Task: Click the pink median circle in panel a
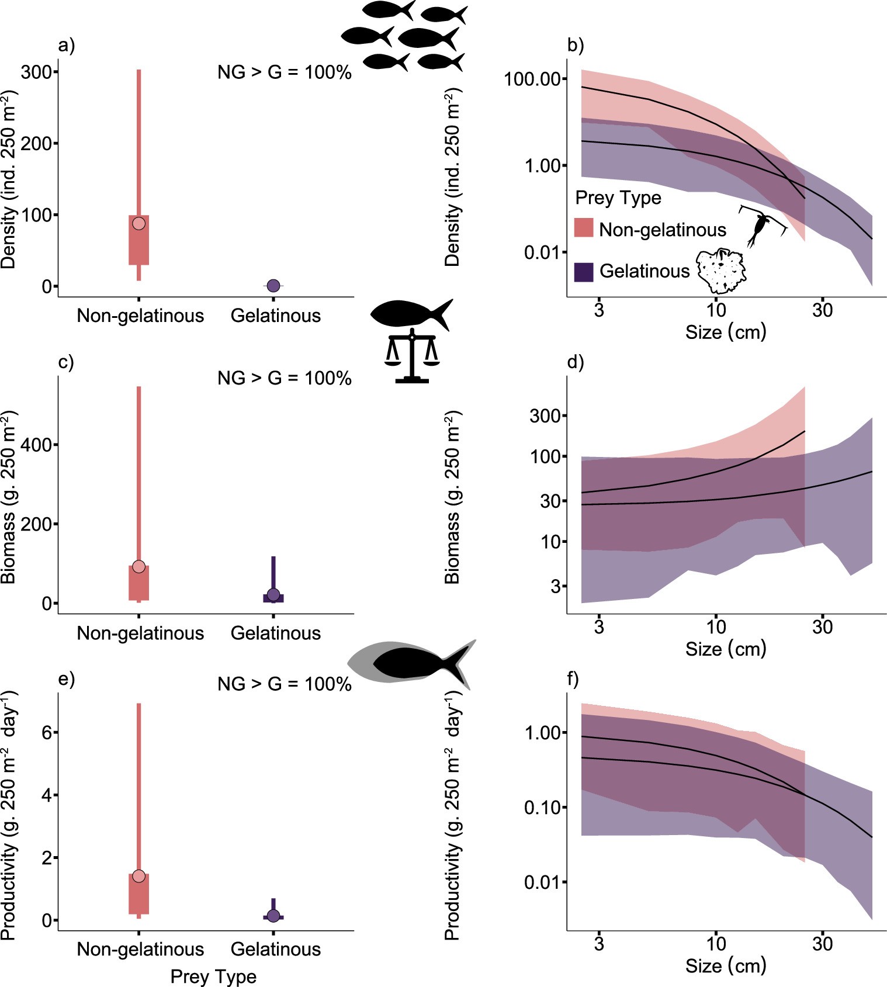[138, 223]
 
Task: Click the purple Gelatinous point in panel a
[273, 286]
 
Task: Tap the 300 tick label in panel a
[36, 72]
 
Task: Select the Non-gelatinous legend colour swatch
[584, 228]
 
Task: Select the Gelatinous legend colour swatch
[584, 272]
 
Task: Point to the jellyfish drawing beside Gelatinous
[721, 270]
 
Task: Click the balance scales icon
[412, 358]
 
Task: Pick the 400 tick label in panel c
[36, 445]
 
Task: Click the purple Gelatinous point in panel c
[273, 595]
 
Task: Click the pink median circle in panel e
[138, 875]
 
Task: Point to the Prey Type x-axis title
[213, 976]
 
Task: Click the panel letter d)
[576, 362]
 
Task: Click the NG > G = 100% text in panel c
[284, 378]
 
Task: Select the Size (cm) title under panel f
[725, 965]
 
